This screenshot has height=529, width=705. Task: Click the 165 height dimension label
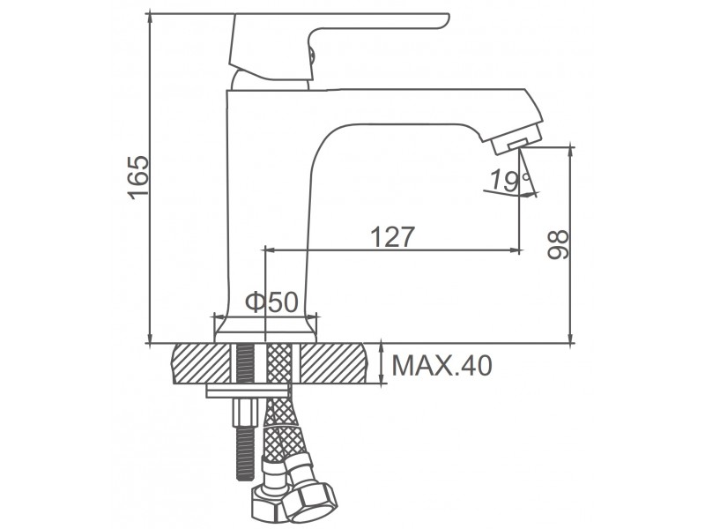(138, 177)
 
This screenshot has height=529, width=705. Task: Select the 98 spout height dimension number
(558, 244)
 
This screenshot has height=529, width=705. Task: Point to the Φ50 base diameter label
(272, 302)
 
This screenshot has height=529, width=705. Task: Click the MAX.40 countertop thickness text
(442, 365)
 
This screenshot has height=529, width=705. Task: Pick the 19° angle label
(509, 180)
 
